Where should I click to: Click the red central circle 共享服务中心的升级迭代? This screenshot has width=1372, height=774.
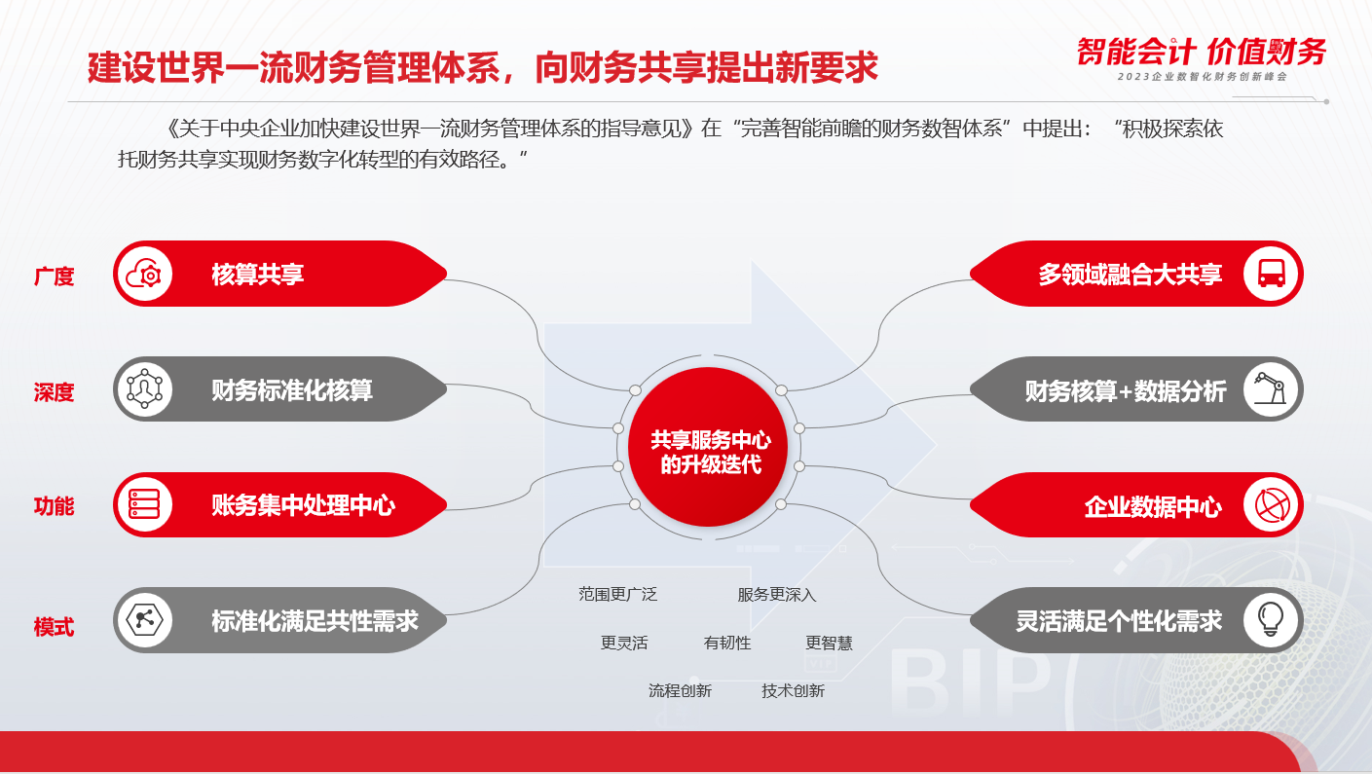pyautogui.click(x=708, y=447)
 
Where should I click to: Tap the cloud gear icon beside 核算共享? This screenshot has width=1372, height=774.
pyautogui.click(x=144, y=275)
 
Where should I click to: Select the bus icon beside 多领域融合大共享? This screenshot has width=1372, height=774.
pyautogui.click(x=1272, y=274)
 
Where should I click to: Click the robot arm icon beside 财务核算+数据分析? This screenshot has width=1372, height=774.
pyautogui.click(x=1270, y=388)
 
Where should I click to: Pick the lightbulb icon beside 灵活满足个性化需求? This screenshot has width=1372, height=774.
pyautogui.click(x=1271, y=620)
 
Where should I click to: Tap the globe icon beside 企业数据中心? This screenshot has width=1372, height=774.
pyautogui.click(x=1272, y=505)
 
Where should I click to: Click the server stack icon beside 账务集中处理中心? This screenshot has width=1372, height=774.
pyautogui.click(x=144, y=504)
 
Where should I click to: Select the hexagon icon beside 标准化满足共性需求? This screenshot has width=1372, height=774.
pyautogui.click(x=144, y=620)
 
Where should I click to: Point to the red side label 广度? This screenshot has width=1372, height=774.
pyautogui.click(x=54, y=276)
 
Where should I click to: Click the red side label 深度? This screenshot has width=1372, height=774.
pyautogui.click(x=54, y=392)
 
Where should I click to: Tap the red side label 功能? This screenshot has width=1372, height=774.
pyautogui.click(x=54, y=506)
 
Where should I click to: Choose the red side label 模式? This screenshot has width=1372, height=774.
pyautogui.click(x=54, y=627)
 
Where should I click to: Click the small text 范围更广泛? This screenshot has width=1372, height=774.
pyautogui.click(x=618, y=595)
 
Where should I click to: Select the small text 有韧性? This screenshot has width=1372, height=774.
pyautogui.click(x=727, y=643)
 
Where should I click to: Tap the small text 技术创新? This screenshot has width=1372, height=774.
pyautogui.click(x=794, y=691)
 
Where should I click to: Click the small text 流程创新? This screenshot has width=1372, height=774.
pyautogui.click(x=680, y=691)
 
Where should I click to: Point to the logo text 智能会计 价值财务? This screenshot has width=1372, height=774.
pyautogui.click(x=1202, y=52)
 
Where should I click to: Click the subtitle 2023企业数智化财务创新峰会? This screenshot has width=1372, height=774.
pyautogui.click(x=1203, y=77)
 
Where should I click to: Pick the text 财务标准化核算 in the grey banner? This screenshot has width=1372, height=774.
pyautogui.click(x=292, y=390)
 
